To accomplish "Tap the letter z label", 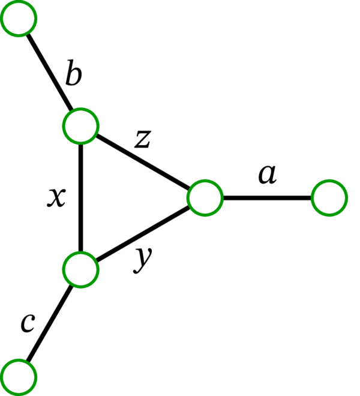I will pos(142,140).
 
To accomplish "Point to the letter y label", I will pos(143,259).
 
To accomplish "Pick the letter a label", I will pos(267,175).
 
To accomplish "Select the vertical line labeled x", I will pos(80,198).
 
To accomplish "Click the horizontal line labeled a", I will pos(267,197).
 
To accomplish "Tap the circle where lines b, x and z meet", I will pos(80,127).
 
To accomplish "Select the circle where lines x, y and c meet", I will pos(80,269).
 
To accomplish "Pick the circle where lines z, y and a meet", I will pos(205,197).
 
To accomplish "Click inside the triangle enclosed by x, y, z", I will pos(120,198).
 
